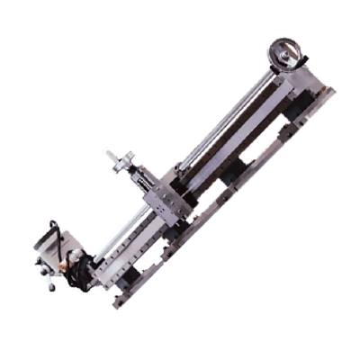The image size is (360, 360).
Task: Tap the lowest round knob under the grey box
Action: coord(51,289)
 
